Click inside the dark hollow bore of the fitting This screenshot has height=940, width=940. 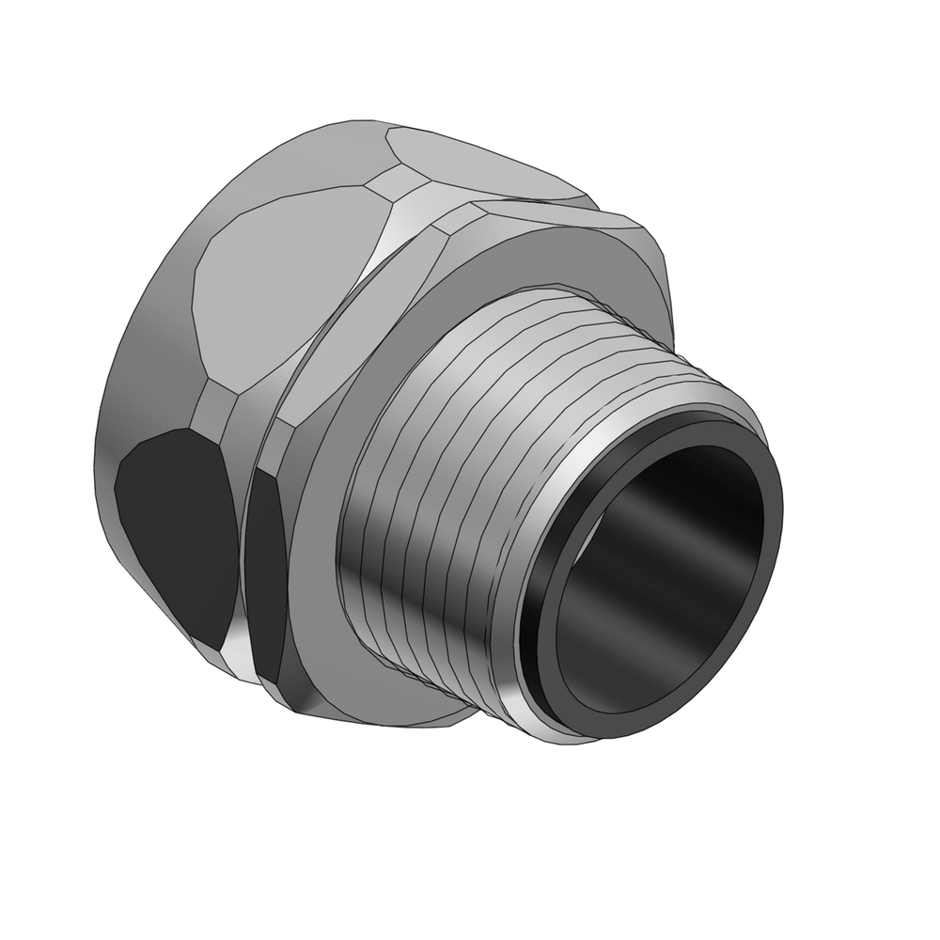coord(658,573)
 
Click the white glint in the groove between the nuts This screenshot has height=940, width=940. coord(239,649)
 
